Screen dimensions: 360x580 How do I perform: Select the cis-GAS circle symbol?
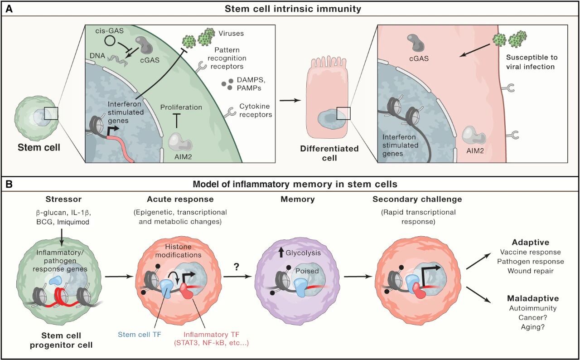coord(109,41)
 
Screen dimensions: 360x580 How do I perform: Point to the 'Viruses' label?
coord(229,34)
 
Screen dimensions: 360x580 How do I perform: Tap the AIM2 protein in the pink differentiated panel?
coord(474,136)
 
